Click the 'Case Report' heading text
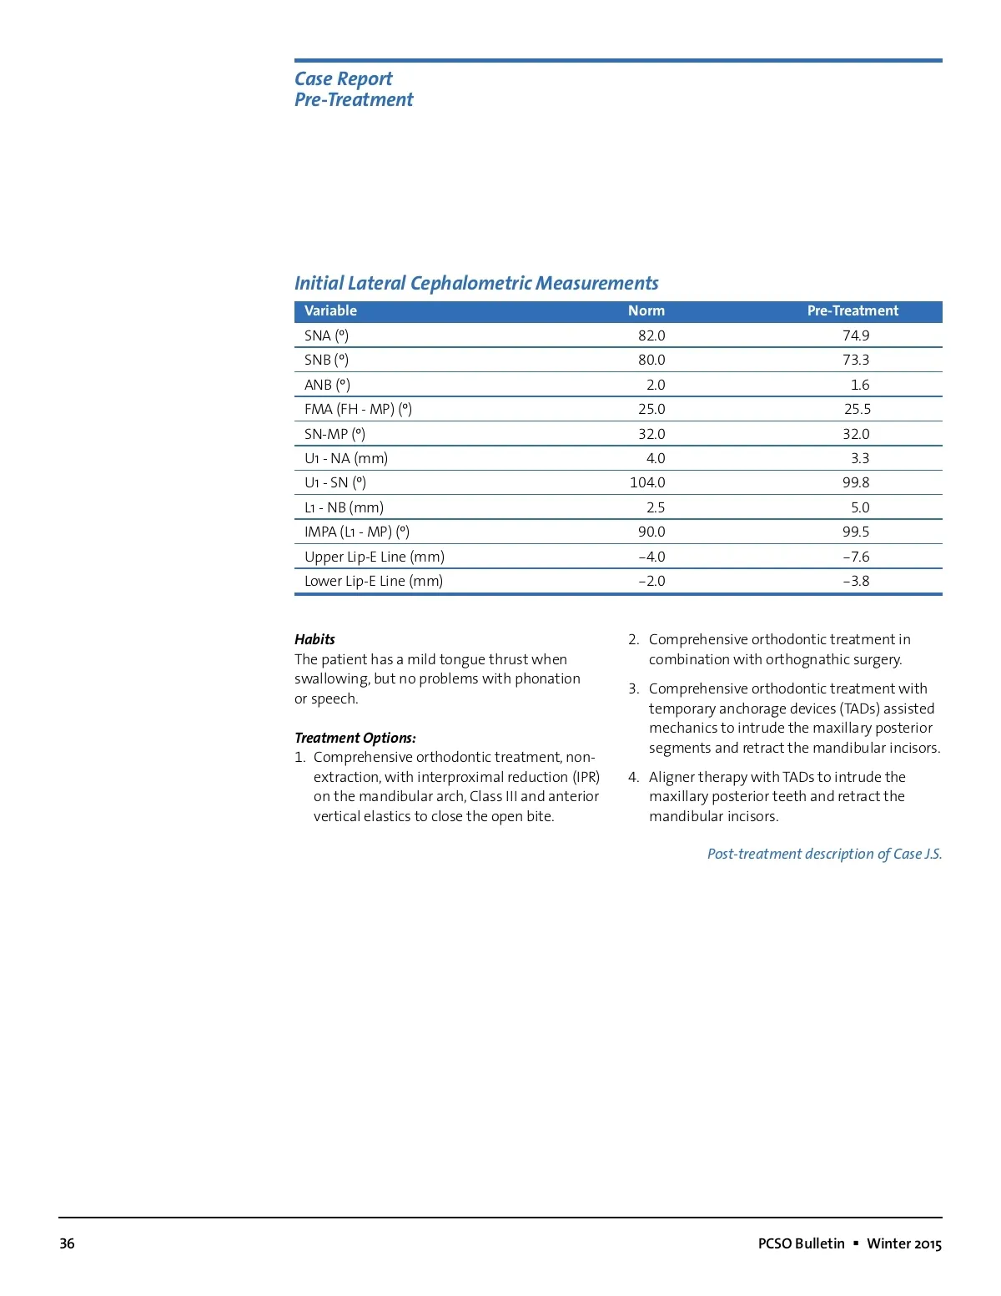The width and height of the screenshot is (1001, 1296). [x=343, y=78]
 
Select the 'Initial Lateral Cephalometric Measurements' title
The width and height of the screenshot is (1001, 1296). [x=476, y=283]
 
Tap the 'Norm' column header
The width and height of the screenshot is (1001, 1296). [x=646, y=310]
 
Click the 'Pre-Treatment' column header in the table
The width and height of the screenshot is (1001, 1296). [x=853, y=310]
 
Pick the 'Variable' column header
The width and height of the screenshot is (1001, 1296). [x=330, y=310]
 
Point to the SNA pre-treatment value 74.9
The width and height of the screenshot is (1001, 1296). [x=856, y=335]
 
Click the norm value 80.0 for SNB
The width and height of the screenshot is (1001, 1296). [x=651, y=360]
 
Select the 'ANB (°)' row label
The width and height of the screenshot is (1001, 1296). [x=327, y=385]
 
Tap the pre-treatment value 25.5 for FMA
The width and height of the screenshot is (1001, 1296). [x=858, y=409]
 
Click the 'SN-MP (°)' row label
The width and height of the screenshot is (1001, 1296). [x=335, y=434]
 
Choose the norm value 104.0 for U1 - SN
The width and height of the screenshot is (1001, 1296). [x=647, y=482]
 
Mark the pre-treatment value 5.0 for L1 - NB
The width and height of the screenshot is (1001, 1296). [x=860, y=507]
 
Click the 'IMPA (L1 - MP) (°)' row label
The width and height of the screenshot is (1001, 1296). [x=357, y=532]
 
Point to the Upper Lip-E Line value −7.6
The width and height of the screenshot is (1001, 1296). [x=856, y=557]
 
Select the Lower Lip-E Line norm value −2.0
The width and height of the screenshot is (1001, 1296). [x=651, y=581]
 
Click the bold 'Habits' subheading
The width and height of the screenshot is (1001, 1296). [x=314, y=639]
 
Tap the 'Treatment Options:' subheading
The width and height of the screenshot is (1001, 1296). [x=355, y=738]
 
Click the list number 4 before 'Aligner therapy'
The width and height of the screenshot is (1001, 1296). [x=633, y=777]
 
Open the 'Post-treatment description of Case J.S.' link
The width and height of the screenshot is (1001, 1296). [x=824, y=854]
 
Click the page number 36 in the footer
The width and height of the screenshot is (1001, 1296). [x=67, y=1243]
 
